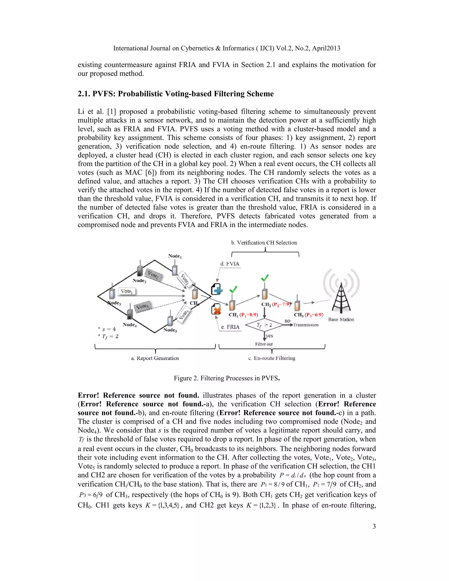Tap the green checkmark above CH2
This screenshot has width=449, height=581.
[265, 278]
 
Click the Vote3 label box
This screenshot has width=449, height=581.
[127, 291]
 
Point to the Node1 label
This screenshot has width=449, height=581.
[175, 256]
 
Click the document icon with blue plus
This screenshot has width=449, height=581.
[217, 289]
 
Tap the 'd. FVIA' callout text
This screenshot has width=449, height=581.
[230, 264]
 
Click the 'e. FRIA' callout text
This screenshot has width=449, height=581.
[230, 327]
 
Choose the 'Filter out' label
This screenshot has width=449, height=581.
[264, 344]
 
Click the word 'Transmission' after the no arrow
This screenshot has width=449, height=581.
[306, 325]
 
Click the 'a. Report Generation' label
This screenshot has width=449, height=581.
[155, 358]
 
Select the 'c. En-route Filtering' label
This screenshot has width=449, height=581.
[272, 358]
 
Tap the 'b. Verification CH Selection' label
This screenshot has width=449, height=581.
[264, 243]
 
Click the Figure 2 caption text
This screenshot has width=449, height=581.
[227, 378]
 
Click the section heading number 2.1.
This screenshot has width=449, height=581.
[84, 94]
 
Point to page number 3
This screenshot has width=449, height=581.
[374, 526]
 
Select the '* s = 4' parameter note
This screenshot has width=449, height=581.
[107, 329]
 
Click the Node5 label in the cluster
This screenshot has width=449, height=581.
[170, 330]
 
